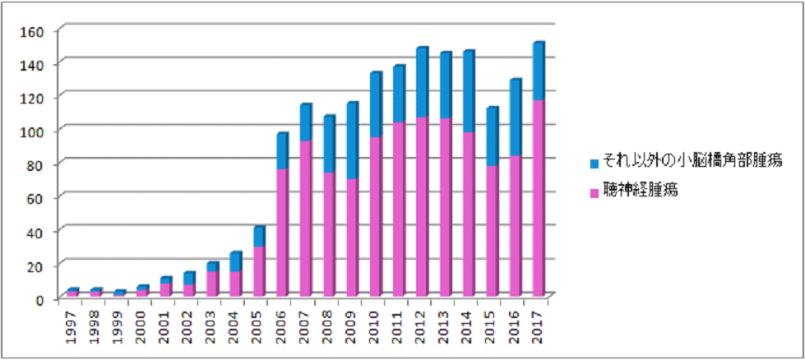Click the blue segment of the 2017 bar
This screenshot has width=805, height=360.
click(x=539, y=72)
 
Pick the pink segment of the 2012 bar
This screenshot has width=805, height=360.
click(x=422, y=205)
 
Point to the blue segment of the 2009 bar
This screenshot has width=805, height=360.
click(x=352, y=141)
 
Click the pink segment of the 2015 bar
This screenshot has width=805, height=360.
click(x=492, y=230)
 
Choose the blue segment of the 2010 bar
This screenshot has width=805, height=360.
click(x=375, y=104)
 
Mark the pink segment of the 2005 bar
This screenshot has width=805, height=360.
click(x=258, y=270)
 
